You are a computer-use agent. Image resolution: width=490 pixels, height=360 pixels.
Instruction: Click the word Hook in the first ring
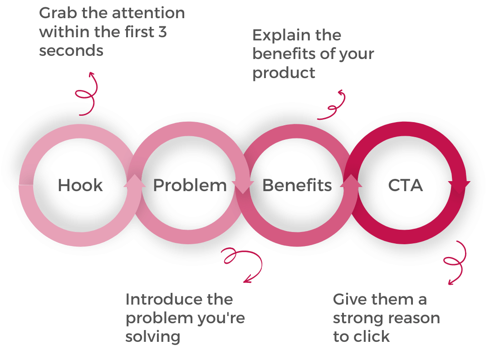tap(81, 185)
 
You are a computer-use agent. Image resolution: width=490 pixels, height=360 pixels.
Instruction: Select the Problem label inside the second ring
tap(190, 185)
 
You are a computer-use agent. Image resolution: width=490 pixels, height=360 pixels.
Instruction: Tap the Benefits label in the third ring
tap(297, 185)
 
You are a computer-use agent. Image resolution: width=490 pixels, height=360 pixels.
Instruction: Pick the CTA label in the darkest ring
tap(405, 185)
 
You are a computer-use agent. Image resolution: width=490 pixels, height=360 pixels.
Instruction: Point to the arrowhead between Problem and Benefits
tap(244, 187)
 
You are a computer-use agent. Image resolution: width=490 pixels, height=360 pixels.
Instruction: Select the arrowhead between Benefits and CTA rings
tap(353, 181)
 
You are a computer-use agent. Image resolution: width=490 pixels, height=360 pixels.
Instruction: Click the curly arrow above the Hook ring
tap(87, 93)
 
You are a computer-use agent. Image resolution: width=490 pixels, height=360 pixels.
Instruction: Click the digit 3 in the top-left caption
tap(162, 32)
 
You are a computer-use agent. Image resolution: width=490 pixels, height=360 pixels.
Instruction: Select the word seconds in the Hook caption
tap(71, 50)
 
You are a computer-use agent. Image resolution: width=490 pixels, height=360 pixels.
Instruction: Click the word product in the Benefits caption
tap(284, 73)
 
